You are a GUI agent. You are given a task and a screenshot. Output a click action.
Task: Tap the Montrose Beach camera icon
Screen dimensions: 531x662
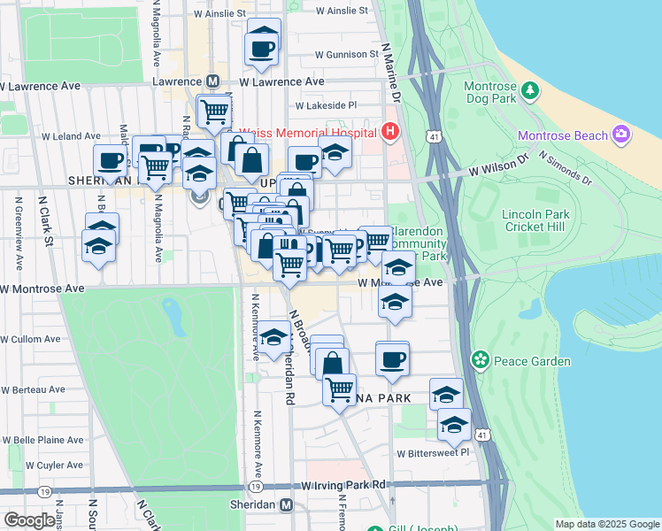pos(622,134)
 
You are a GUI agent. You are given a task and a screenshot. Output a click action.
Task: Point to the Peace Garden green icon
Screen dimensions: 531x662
pos(481,360)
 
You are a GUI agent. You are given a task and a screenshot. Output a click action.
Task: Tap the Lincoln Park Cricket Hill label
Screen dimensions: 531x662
pos(536,220)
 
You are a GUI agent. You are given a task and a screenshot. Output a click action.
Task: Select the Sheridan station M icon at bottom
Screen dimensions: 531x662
pos(286,504)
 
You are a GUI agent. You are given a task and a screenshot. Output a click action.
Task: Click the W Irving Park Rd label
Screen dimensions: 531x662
pos(344,485)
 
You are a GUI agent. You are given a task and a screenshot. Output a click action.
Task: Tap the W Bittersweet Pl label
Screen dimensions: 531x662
pos(433,453)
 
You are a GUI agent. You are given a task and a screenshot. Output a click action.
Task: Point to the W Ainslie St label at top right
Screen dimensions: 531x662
pos(342,11)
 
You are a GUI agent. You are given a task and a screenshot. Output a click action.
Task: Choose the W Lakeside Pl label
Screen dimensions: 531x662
pos(326,104)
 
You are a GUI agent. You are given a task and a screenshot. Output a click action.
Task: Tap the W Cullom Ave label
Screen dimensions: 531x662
pos(31,339)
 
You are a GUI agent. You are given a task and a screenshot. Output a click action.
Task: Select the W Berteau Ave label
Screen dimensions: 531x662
pos(33,389)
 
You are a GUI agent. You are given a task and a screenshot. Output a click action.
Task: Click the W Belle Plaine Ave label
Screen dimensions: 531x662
pos(42,440)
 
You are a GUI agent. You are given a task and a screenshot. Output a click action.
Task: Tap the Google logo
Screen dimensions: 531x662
pos(28,520)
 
